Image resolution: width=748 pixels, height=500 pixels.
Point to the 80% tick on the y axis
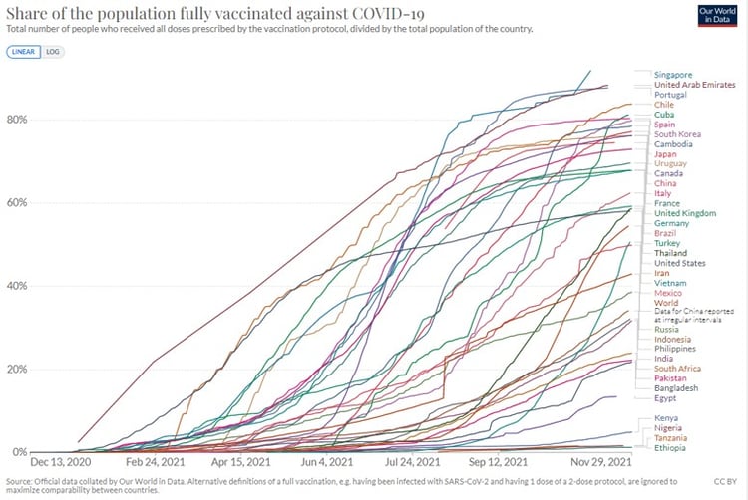coord(18,120)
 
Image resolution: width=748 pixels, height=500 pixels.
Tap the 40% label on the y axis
coord(18,286)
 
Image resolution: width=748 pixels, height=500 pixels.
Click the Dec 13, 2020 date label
coord(60,463)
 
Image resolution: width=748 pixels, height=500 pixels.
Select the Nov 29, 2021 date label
coord(601,463)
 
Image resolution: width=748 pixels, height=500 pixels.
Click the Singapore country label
coord(675,75)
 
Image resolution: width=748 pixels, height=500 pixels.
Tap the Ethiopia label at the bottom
coord(672,448)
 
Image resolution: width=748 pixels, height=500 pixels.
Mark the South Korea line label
coord(678,134)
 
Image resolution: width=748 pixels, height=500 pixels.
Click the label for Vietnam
coord(672,284)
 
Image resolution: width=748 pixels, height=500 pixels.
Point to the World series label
coord(668,304)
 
